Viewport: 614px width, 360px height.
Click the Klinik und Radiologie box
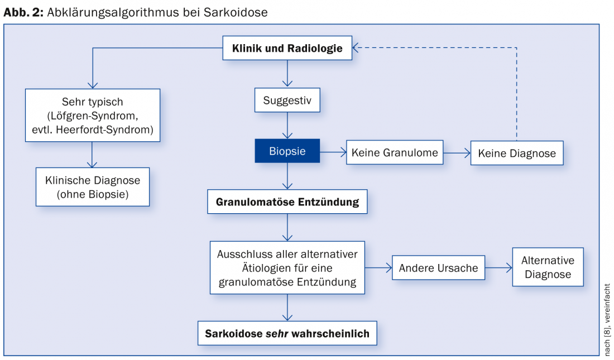(287, 48)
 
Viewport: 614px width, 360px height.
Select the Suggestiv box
(287, 102)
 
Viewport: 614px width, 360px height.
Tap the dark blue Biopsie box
(287, 151)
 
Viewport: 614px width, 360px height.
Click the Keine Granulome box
(395, 152)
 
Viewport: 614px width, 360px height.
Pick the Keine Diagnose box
(516, 153)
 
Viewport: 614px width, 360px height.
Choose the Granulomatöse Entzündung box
(287, 201)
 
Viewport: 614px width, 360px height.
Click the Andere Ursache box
(438, 268)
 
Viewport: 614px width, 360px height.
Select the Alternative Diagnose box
(548, 267)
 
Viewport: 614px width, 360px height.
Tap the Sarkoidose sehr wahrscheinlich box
(287, 334)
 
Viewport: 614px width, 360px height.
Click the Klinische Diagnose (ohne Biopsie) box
(93, 188)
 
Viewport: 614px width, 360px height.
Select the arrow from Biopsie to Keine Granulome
(333, 151)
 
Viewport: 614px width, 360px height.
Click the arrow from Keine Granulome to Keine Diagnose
(457, 152)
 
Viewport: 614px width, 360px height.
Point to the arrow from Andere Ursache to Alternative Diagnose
(498, 268)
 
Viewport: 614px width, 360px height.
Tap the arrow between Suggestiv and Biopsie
(287, 125)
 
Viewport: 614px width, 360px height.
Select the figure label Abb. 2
(23, 12)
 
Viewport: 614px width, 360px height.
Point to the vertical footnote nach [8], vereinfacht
(607, 319)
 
